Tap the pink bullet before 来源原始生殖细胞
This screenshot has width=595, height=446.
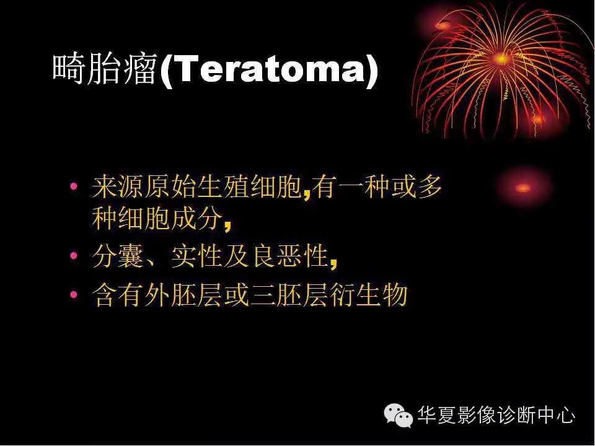coord(74,186)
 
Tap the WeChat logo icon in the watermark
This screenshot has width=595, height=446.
coord(398,413)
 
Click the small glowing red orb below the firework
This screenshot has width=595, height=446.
coord(522,188)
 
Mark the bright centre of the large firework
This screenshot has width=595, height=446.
coord(501,59)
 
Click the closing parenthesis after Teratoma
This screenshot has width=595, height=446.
coord(371,71)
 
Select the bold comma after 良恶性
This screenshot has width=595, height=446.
coord(333,263)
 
